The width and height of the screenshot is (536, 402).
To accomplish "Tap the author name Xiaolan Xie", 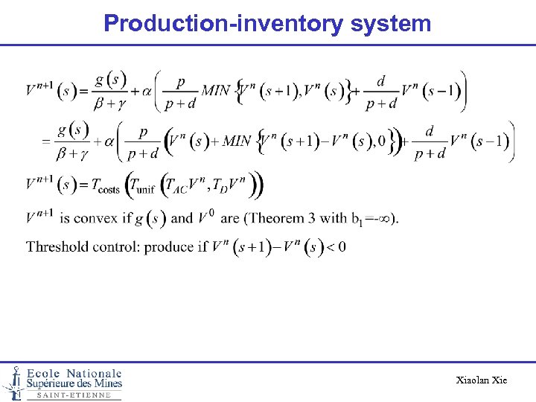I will pos(482,380).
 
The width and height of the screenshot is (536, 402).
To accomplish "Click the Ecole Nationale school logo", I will pos(63,382).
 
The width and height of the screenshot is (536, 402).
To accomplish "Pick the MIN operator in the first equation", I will pos(216,91).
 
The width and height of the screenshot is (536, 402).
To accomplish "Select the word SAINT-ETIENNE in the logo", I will pos(74,395).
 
